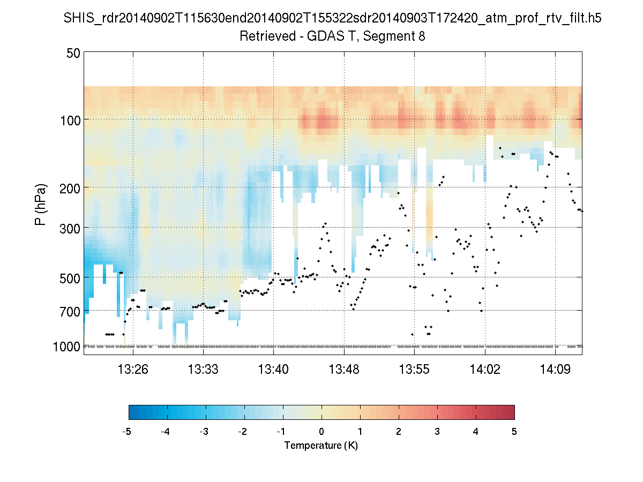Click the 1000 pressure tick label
[x=66, y=347]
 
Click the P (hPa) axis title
[x=41, y=205]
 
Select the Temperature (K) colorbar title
[x=321, y=446]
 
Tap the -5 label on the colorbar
[x=127, y=432]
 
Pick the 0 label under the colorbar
[x=321, y=432]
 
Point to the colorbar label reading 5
[x=514, y=432]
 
